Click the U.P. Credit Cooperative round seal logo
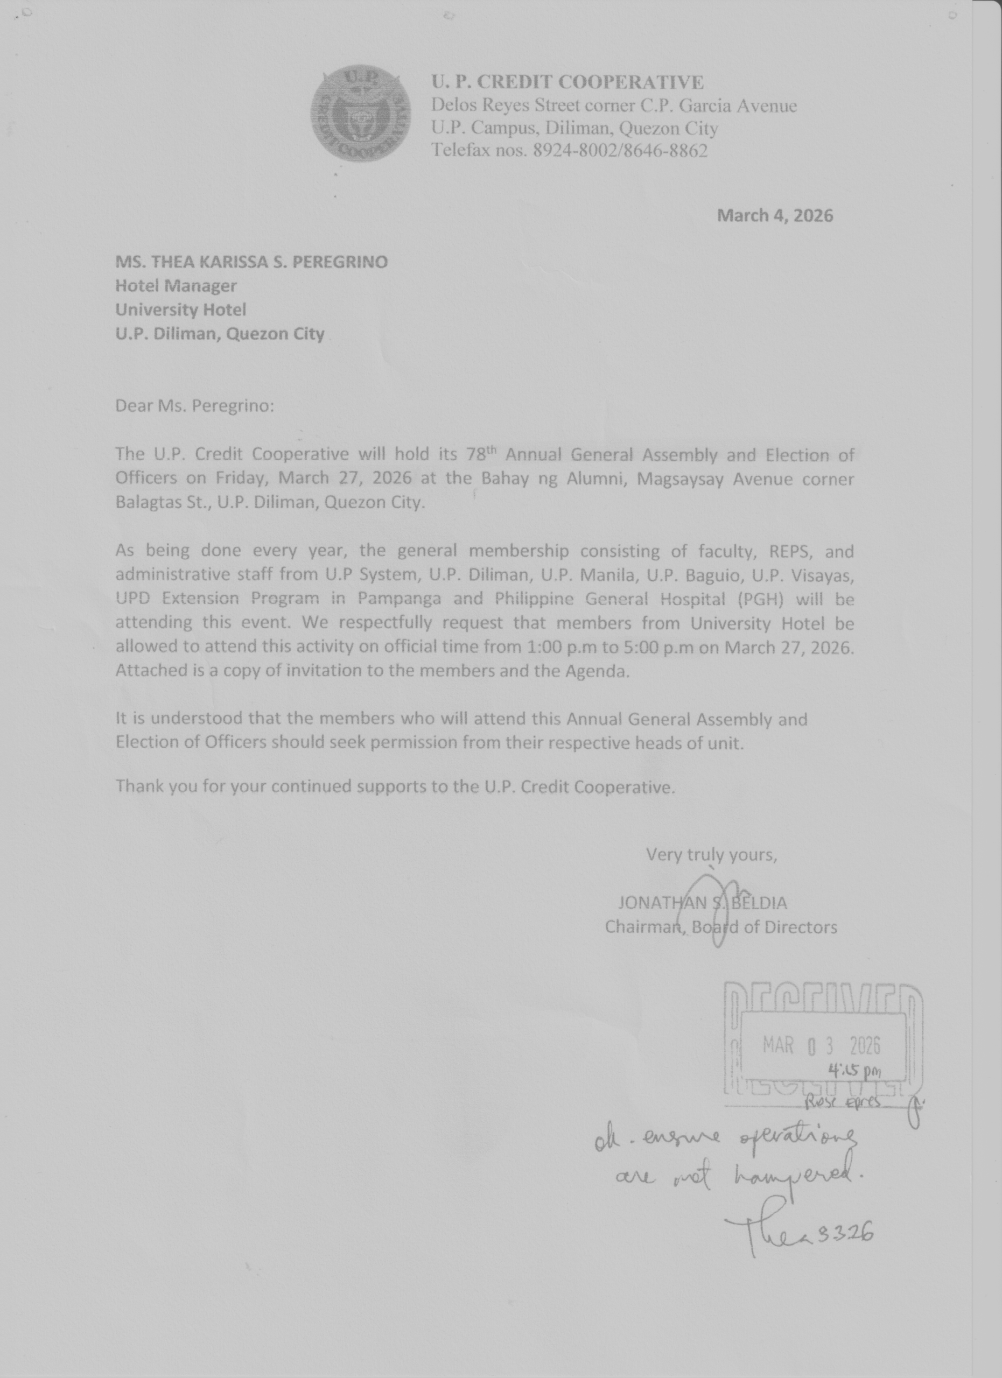pos(360,114)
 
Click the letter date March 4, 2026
pos(775,216)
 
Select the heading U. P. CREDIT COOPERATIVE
pos(567,82)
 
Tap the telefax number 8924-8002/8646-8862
pos(620,150)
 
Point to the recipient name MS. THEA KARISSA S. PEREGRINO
pos(251,262)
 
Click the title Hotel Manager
pos(176,286)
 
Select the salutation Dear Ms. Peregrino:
pos(194,405)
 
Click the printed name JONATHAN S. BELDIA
pos(703,903)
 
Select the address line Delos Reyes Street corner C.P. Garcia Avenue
pos(614,106)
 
